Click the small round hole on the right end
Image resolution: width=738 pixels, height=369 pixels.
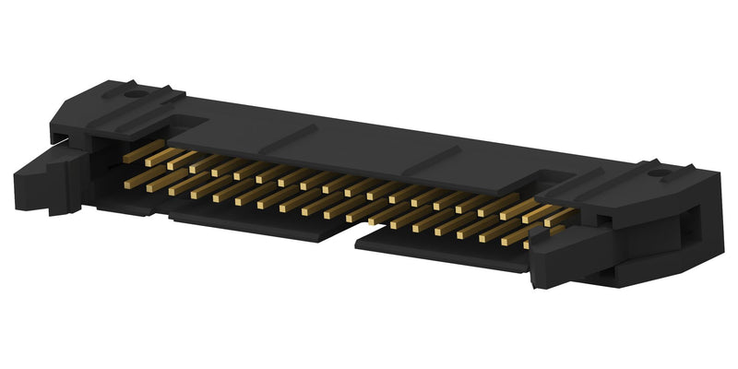tap(658, 173)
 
